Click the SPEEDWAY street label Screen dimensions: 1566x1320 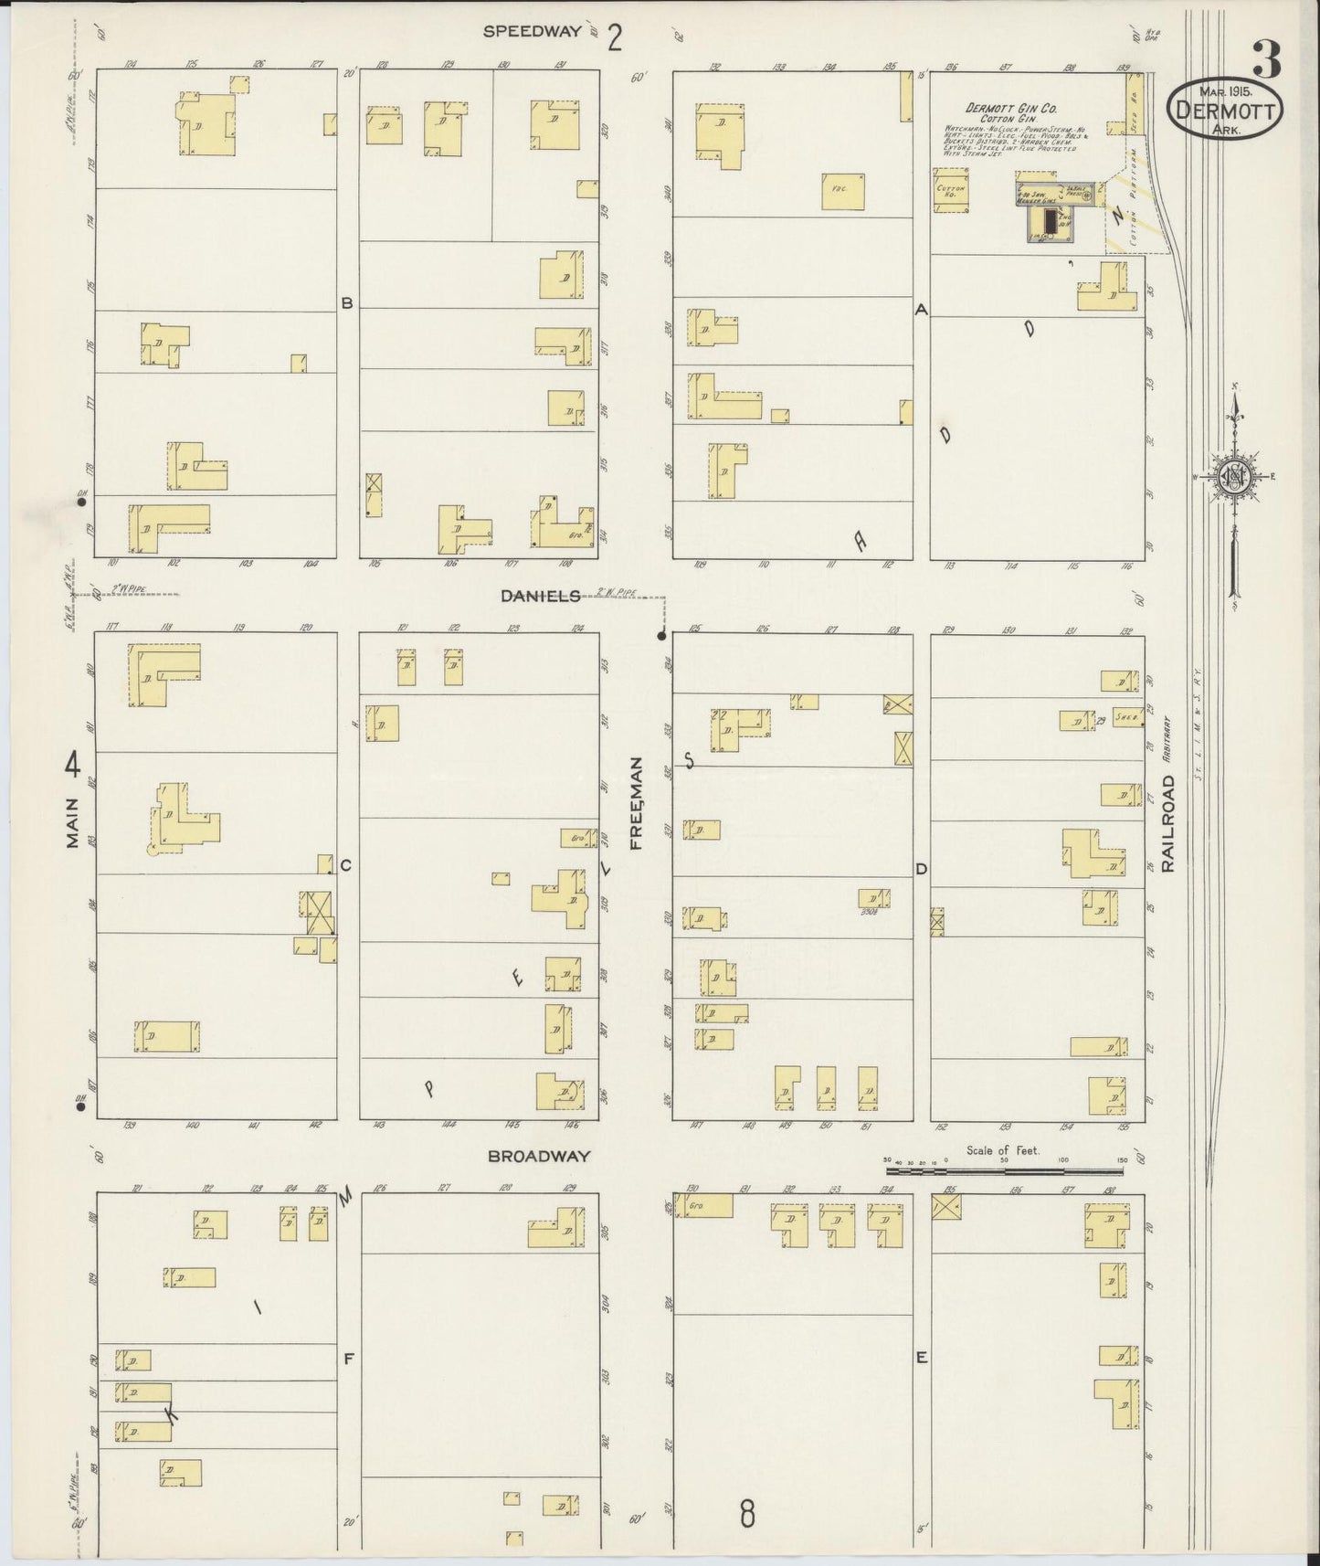coord(532,31)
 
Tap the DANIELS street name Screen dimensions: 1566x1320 coord(540,596)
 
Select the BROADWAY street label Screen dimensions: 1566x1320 coord(538,1156)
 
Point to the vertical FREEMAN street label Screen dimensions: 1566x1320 coord(637,803)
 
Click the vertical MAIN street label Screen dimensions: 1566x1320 coord(73,822)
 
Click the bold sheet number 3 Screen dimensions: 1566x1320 coord(1266,60)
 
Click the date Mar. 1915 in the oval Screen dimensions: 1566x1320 coord(1226,90)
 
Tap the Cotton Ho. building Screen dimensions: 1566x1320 coord(951,191)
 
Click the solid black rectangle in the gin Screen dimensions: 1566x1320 coord(1050,220)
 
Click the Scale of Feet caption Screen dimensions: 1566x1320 coord(1002,1150)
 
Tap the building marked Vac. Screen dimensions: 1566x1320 coord(842,191)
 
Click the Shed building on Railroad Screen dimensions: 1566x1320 coord(1125,719)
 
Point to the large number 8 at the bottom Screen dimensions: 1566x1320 coord(747,1515)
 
